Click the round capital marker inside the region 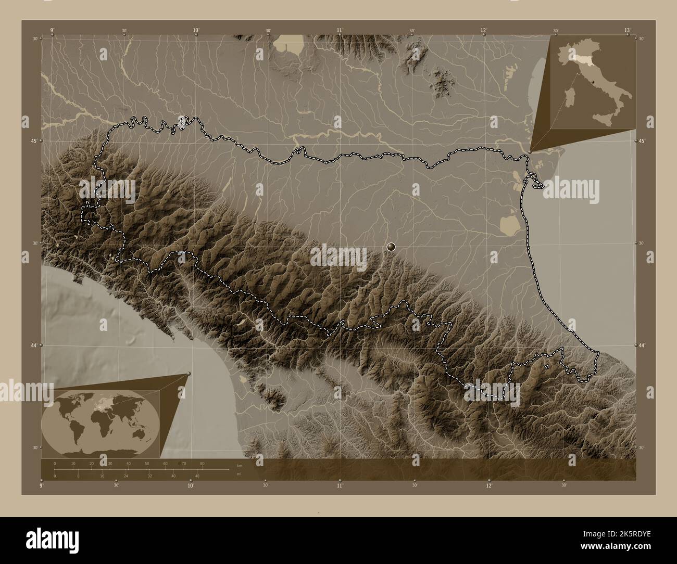tap(392, 246)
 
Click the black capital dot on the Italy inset tap(592, 82)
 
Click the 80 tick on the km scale tap(202, 463)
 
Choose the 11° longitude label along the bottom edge tap(340, 485)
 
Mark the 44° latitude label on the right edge tap(642, 345)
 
